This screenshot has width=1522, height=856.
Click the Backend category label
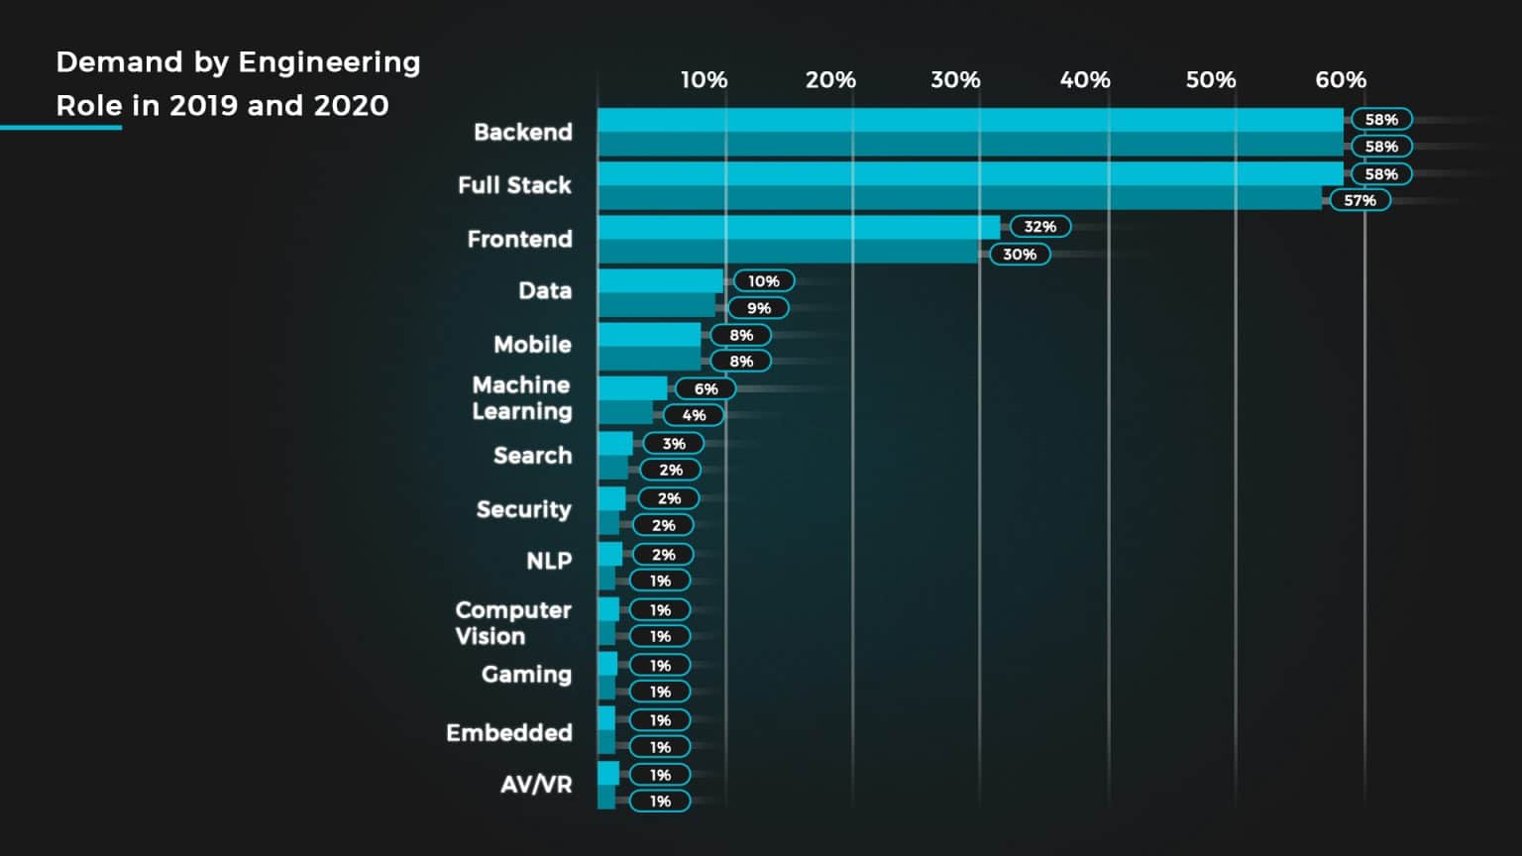click(x=522, y=132)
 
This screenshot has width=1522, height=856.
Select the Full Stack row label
click(x=514, y=185)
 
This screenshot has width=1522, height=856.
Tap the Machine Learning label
click(x=521, y=398)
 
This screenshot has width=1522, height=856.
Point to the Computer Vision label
click(x=512, y=623)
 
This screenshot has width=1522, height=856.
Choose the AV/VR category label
click(x=535, y=785)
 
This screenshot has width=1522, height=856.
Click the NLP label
click(x=548, y=561)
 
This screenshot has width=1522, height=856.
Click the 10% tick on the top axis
click(x=704, y=80)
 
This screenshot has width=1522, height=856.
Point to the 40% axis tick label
click(x=1085, y=80)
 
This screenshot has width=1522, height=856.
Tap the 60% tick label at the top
click(x=1341, y=80)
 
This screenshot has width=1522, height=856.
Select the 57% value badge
click(x=1359, y=200)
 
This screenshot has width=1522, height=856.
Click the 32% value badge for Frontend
click(x=1039, y=227)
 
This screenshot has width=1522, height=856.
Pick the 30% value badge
click(x=1019, y=255)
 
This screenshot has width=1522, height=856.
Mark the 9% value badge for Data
click(x=758, y=308)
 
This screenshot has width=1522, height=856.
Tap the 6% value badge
click(x=706, y=389)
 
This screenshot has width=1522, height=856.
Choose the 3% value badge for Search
click(x=674, y=444)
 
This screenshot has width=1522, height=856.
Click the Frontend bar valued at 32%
click(x=798, y=227)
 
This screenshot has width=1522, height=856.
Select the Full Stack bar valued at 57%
click(x=958, y=198)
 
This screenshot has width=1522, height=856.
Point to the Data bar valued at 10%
click(x=660, y=280)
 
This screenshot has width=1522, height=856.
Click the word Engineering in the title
click(x=329, y=62)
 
